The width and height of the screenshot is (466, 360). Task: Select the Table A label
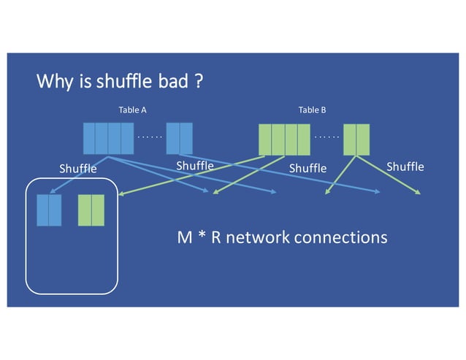point(132,110)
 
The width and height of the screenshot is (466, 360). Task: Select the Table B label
point(312,110)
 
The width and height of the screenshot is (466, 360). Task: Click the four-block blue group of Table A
point(108,139)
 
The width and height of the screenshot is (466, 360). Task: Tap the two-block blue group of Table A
point(179,139)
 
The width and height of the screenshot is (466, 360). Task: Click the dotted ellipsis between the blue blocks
point(149,137)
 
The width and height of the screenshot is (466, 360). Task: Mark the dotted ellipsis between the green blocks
point(326,137)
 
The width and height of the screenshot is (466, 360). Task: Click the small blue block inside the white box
point(49,210)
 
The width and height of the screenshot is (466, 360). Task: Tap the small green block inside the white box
point(91,210)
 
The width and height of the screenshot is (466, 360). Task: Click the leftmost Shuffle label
point(77,169)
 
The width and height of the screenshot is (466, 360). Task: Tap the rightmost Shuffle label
point(405,167)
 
